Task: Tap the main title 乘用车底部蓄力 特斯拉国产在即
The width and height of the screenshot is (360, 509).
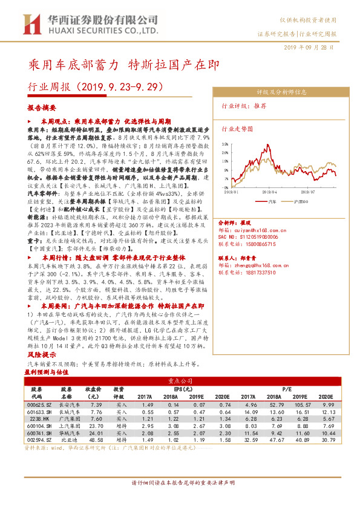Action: pyautogui.click(x=125, y=64)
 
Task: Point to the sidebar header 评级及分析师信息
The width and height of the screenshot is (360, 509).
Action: pyautogui.click(x=281, y=92)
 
